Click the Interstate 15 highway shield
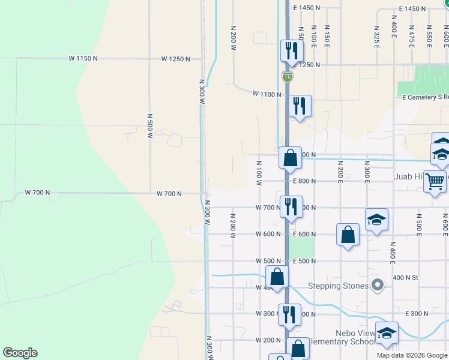[288, 76]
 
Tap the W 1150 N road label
[83, 58]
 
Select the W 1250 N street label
[175, 59]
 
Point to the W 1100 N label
[267, 94]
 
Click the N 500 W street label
[150, 125]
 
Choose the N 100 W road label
[259, 172]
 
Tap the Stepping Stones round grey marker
[377, 285]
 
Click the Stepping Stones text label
[338, 286]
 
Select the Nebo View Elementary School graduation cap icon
[387, 333]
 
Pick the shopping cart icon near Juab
[435, 181]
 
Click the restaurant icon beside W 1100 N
[299, 106]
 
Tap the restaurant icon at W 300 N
[289, 314]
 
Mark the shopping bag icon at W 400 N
[277, 277]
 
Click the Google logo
[20, 353]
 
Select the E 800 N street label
[304, 181]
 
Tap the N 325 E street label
[376, 37]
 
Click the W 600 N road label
[268, 234]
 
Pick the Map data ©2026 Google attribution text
[412, 355]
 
